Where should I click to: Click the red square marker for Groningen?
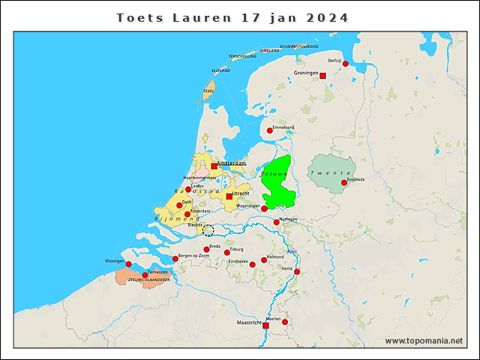[322, 76]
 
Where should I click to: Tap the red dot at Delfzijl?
[346, 64]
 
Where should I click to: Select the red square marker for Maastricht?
[266, 325]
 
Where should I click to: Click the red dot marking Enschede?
[344, 182]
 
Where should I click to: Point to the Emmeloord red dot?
[270, 130]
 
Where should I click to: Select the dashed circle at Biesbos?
[208, 230]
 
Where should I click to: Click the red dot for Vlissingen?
[128, 264]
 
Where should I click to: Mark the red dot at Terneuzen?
[145, 274]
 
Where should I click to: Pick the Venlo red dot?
[297, 271]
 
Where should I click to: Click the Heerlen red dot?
[285, 322]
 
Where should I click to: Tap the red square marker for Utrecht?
[229, 196]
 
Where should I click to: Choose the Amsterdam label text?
[232, 163]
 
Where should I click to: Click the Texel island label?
[208, 91]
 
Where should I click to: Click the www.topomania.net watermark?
[424, 340]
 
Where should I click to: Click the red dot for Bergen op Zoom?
[175, 259]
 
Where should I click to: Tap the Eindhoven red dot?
[253, 264]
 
